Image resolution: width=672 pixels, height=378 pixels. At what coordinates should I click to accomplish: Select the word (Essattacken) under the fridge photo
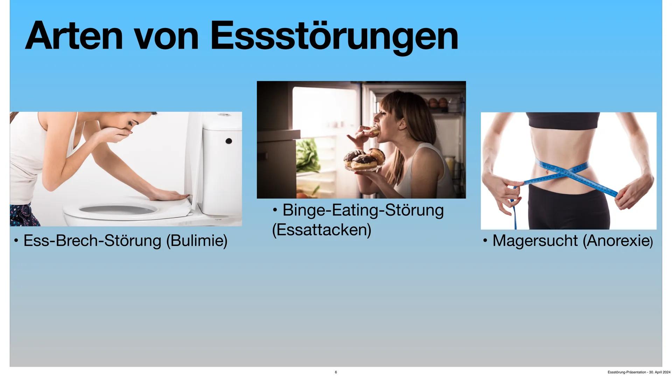point(321,230)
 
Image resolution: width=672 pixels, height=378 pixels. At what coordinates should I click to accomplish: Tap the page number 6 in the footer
point(336,372)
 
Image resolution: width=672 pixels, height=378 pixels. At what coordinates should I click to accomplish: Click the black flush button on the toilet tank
point(229,141)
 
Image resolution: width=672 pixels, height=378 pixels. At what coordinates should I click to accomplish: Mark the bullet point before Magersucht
point(485,241)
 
